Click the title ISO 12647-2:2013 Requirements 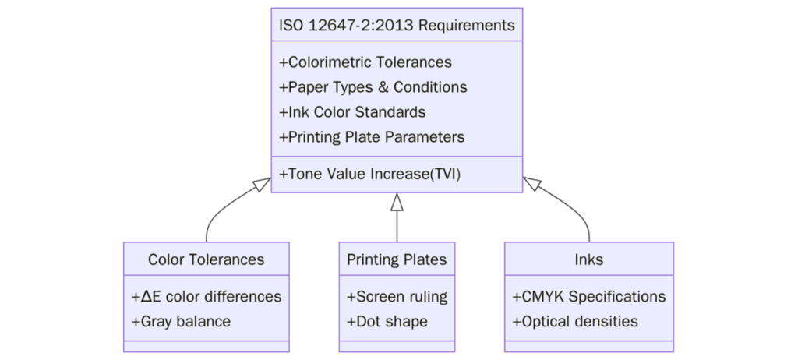(x=397, y=25)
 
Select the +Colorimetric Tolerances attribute (x=365, y=62)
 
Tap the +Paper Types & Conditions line (x=373, y=87)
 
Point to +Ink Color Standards (x=351, y=112)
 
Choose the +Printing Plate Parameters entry (x=371, y=137)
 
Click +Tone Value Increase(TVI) (x=369, y=175)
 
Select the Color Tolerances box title (x=206, y=259)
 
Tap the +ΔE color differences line (x=207, y=297)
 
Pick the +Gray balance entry (x=181, y=322)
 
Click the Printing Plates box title (x=397, y=259)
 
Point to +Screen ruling (x=397, y=297)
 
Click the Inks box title (x=588, y=259)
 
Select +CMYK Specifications (x=588, y=297)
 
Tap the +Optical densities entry (x=575, y=322)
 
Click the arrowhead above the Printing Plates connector (x=397, y=202)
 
